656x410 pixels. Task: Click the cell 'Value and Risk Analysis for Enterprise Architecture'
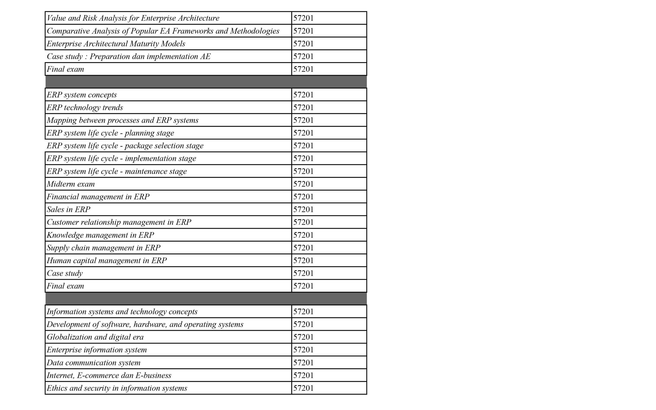click(x=133, y=18)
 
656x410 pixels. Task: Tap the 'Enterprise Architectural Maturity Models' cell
click(x=116, y=44)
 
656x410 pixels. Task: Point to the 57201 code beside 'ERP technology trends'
click(x=303, y=108)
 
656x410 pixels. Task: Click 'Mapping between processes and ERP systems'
click(x=122, y=120)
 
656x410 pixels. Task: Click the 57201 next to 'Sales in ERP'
click(x=303, y=210)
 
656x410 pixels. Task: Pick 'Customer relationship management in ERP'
click(x=119, y=222)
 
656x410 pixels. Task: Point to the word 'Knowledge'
click(x=65, y=235)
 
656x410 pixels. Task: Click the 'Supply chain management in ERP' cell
click(x=103, y=248)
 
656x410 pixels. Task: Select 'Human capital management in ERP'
click(x=107, y=261)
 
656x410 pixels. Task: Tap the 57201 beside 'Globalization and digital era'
click(x=303, y=337)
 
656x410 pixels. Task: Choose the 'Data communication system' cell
click(x=94, y=363)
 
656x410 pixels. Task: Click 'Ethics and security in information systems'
click(x=117, y=388)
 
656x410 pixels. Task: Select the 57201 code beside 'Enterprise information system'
click(x=303, y=350)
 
